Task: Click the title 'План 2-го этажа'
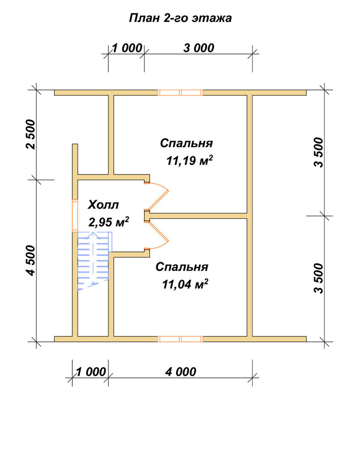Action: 180,18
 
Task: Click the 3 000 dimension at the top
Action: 199,48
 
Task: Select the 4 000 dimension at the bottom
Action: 181,372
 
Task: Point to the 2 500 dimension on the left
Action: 30,134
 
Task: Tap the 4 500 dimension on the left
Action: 30,260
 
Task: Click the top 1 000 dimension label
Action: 127,48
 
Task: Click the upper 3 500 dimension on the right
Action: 319,152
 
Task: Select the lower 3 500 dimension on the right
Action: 319,278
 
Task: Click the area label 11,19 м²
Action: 190,160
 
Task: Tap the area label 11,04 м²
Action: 185,284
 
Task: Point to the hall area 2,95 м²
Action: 108,222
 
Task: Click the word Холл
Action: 103,205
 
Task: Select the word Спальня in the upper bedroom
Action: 187,143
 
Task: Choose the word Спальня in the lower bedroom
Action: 182,267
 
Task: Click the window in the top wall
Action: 180,93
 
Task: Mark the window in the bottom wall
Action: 180,339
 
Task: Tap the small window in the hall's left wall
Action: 75,216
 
